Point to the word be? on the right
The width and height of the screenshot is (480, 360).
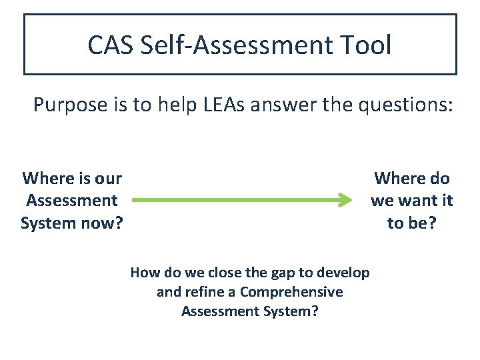click(x=420, y=223)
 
